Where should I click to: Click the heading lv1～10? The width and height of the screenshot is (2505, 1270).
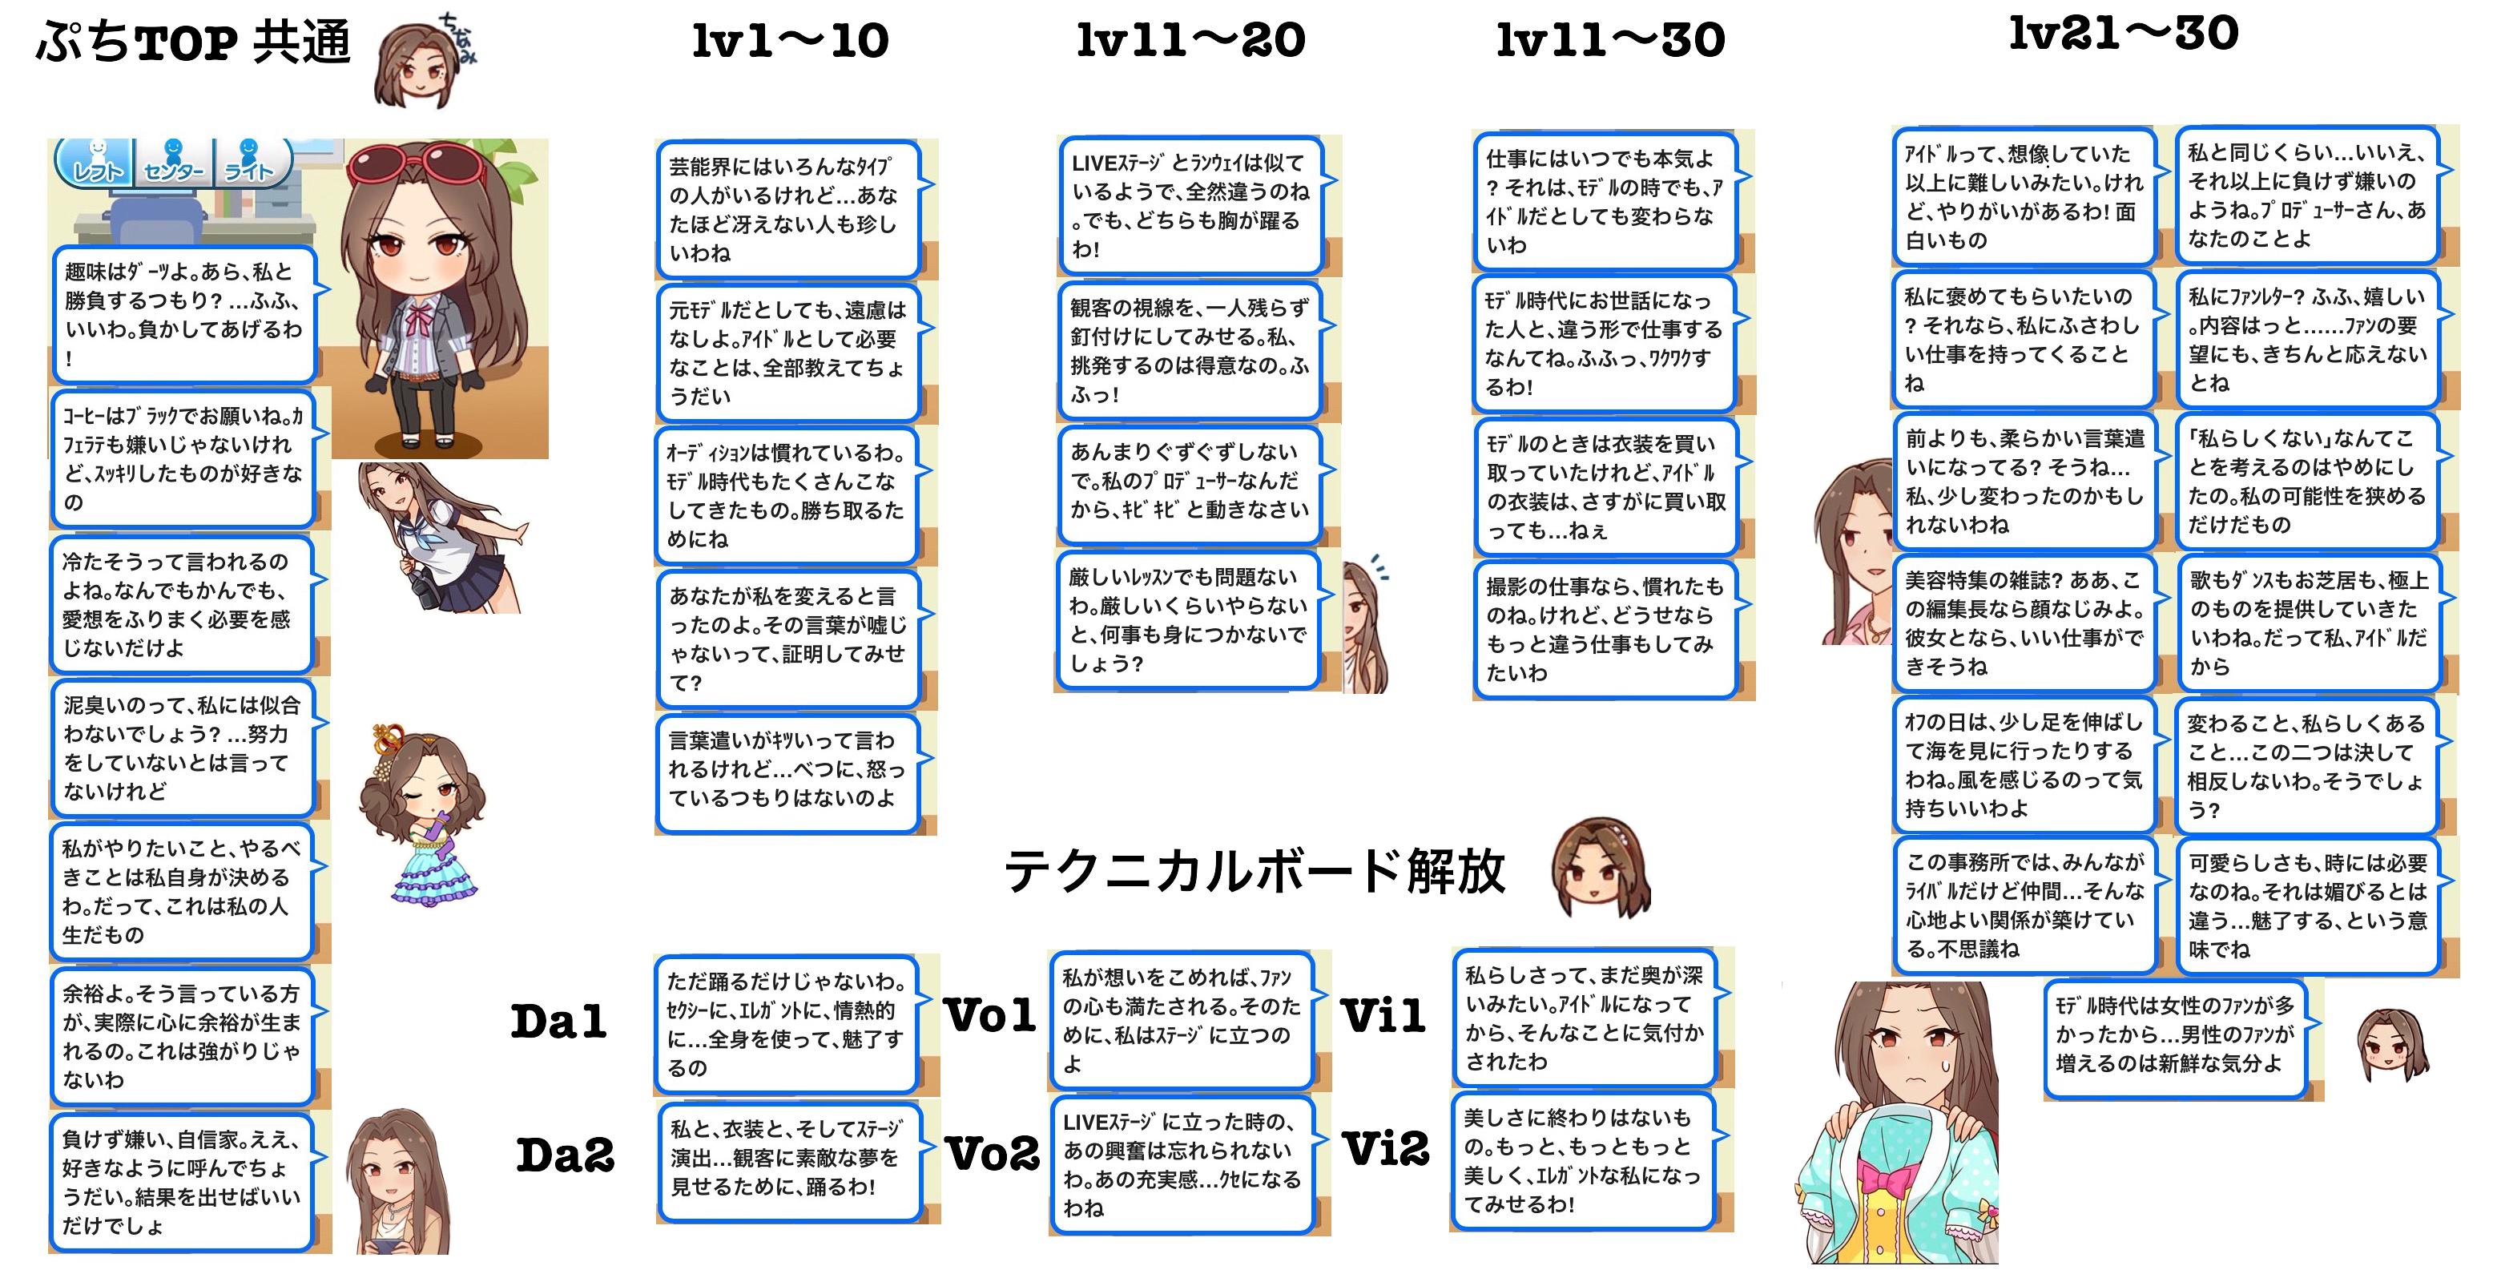coord(790,42)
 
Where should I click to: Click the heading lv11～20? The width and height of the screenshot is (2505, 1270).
coord(1190,41)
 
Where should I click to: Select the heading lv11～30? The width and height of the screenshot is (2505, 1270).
coord(1609,41)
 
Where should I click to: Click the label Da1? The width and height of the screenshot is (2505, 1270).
coord(558,1021)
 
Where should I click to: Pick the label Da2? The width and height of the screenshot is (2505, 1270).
coord(565,1155)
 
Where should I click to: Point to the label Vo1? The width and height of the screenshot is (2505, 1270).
coord(990,1016)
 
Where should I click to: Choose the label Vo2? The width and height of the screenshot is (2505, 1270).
coord(993,1155)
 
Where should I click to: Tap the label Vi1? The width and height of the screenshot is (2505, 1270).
coord(1383,1016)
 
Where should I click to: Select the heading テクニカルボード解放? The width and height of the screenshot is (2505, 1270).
coord(1255,871)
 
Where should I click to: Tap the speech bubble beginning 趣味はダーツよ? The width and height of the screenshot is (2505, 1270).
coord(183,314)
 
